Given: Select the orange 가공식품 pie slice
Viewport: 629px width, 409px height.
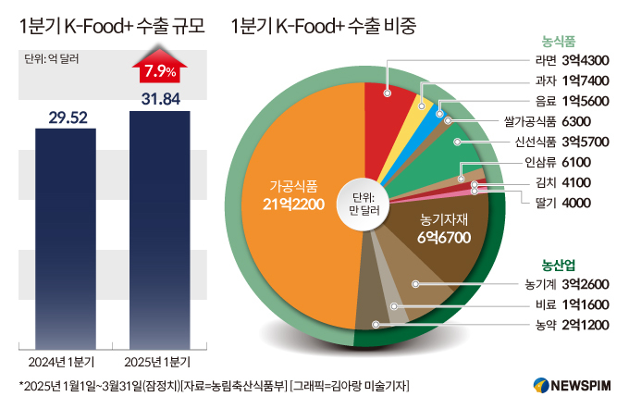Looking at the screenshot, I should click(x=296, y=213).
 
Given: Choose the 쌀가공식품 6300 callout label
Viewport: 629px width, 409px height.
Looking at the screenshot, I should click(x=557, y=121).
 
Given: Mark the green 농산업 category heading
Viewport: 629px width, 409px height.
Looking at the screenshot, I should click(x=559, y=262).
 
